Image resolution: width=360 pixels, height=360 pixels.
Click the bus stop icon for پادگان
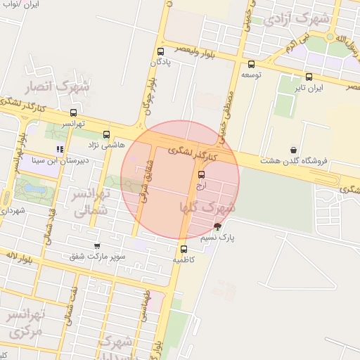coord(161,51)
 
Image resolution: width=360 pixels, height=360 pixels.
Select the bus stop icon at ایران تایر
coord(309,77)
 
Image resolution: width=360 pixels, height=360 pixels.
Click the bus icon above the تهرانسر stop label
coord(73,112)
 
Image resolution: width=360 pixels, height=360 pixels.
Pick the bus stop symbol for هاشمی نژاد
coord(107,134)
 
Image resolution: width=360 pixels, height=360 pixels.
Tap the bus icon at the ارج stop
coord(202,174)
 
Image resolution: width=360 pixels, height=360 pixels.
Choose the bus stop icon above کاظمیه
coord(184,249)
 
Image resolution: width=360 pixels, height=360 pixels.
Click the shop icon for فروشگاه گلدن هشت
coord(292,150)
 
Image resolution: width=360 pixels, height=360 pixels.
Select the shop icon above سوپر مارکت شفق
coord(97,246)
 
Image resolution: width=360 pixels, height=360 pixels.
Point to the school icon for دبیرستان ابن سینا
coord(60,149)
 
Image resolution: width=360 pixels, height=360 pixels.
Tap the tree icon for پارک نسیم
coord(217,227)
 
